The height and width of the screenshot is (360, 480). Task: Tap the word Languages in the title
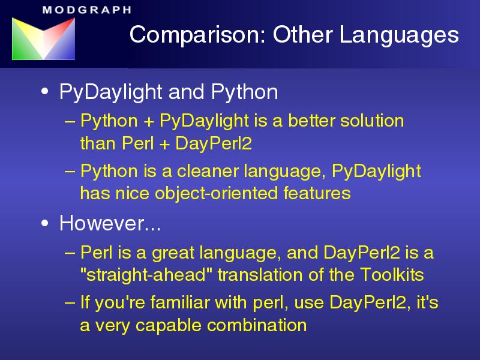pyautogui.click(x=399, y=35)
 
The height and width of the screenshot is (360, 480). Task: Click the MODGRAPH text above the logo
pyautogui.click(x=87, y=10)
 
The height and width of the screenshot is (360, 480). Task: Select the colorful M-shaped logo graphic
pyautogui.click(x=43, y=38)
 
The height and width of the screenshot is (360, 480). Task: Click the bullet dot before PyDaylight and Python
pyautogui.click(x=44, y=92)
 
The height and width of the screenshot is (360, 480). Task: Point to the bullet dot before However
pyautogui.click(x=44, y=223)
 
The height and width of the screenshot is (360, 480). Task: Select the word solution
pyautogui.click(x=372, y=121)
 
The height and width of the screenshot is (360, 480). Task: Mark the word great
pyautogui.click(x=173, y=253)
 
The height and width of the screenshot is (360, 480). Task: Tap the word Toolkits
pyautogui.click(x=392, y=274)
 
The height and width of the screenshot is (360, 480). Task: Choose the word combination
pyautogui.click(x=257, y=325)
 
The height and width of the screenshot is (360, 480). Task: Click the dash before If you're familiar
pyautogui.click(x=70, y=303)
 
